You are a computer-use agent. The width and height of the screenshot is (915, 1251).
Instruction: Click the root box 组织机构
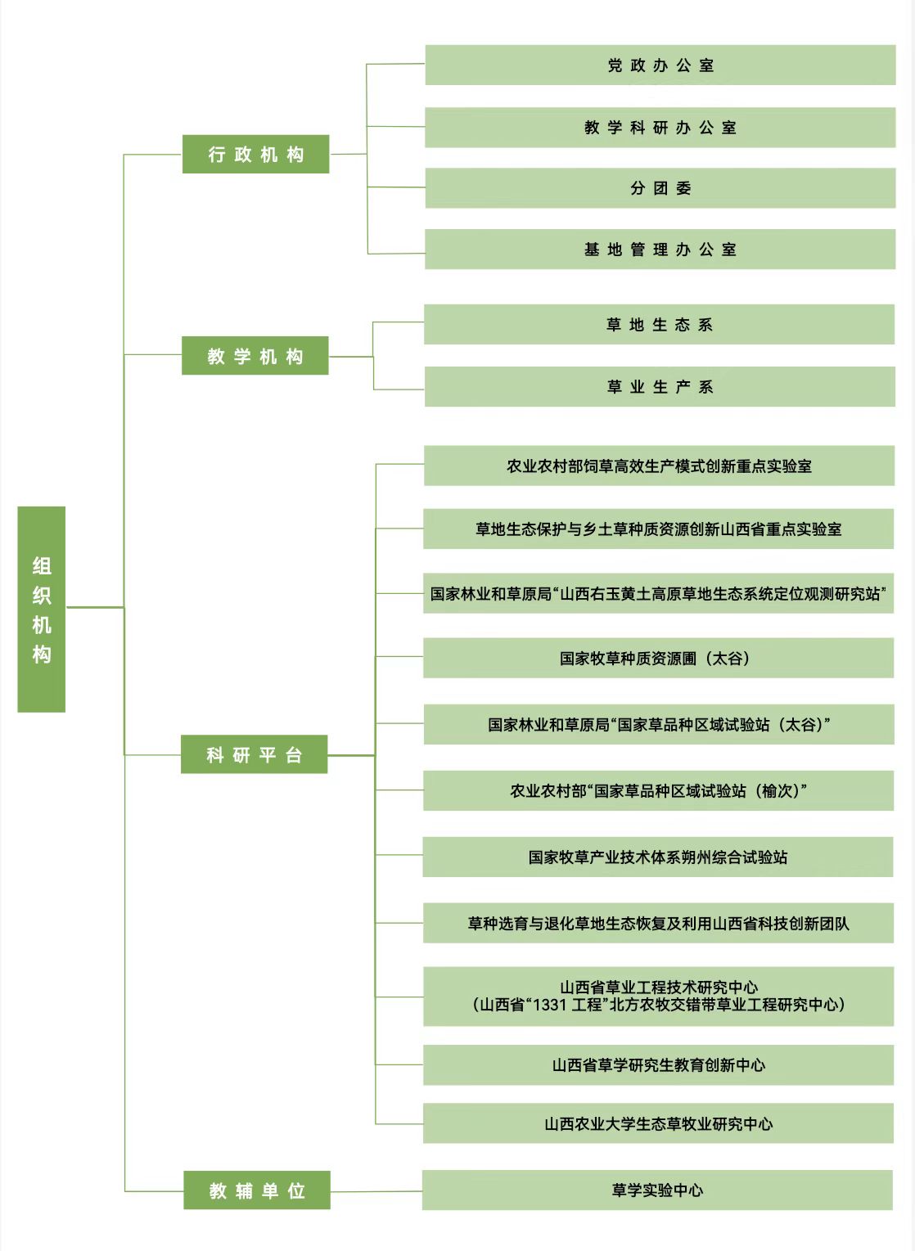pyautogui.click(x=42, y=609)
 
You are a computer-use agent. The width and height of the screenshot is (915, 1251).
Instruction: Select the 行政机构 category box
pyautogui.click(x=256, y=154)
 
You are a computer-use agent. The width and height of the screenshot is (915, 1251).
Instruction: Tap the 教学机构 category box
pyautogui.click(x=255, y=356)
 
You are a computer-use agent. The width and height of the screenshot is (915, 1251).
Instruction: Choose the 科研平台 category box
pyautogui.click(x=255, y=754)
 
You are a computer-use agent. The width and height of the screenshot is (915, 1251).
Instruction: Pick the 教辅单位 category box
pyautogui.click(x=257, y=1190)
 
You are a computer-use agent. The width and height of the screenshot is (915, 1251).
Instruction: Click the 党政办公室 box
pyautogui.click(x=660, y=65)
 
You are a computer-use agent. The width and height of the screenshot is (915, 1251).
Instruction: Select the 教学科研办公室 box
pyautogui.click(x=660, y=128)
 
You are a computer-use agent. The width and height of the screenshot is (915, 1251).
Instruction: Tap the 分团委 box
pyautogui.click(x=660, y=188)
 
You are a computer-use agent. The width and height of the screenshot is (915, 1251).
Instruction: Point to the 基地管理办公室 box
pyautogui.click(x=660, y=249)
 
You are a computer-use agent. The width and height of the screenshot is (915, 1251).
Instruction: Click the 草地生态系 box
pyautogui.click(x=659, y=325)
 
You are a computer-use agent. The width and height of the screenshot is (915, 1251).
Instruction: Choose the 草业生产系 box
pyautogui.click(x=660, y=386)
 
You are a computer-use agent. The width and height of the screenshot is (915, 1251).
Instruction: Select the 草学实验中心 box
pyautogui.click(x=657, y=1190)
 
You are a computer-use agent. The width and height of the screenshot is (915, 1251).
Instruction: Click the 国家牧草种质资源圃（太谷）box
pyautogui.click(x=659, y=658)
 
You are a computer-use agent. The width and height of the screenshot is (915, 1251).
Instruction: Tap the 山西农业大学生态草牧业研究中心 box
pyautogui.click(x=659, y=1123)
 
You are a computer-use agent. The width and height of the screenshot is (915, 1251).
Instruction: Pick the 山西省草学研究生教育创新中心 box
pyautogui.click(x=659, y=1065)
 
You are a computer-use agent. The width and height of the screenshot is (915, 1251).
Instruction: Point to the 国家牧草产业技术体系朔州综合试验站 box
pyautogui.click(x=658, y=857)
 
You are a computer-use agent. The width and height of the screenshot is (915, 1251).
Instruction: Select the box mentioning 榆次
pyautogui.click(x=659, y=790)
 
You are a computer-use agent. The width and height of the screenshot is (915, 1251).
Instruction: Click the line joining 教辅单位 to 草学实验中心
pyautogui.click(x=376, y=1190)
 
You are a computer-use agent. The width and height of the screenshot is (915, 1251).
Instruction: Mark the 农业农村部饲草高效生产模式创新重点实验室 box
pyautogui.click(x=659, y=466)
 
